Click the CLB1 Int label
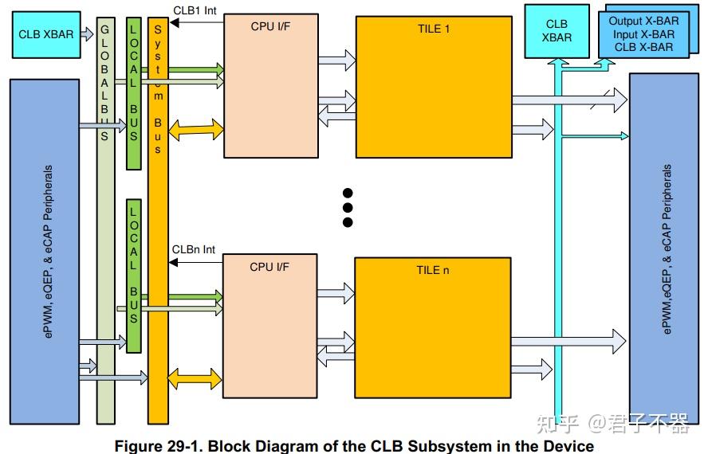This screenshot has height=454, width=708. click(x=195, y=10)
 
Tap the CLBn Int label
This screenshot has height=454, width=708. click(x=194, y=249)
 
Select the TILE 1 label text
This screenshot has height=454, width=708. click(x=434, y=29)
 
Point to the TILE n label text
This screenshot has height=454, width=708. click(x=433, y=270)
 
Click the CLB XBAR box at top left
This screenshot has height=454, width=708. click(x=46, y=35)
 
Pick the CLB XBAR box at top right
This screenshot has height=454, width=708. click(x=557, y=31)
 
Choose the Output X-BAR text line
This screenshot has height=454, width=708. click(x=643, y=22)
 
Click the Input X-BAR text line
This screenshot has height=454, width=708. click(x=643, y=34)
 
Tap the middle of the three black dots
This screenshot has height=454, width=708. click(x=348, y=208)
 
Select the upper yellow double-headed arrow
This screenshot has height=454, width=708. click(x=196, y=130)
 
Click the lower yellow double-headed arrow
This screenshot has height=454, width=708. click(x=195, y=379)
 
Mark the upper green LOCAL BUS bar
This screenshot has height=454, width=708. click(x=134, y=94)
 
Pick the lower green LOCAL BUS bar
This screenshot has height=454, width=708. click(x=134, y=276)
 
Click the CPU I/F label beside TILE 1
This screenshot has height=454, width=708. click(x=270, y=26)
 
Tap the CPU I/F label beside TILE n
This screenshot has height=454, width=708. click(x=269, y=267)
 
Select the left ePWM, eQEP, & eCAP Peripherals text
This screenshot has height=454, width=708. click(x=48, y=252)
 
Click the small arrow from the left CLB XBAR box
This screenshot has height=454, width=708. click(x=87, y=33)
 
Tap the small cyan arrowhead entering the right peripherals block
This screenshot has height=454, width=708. click(x=625, y=136)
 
